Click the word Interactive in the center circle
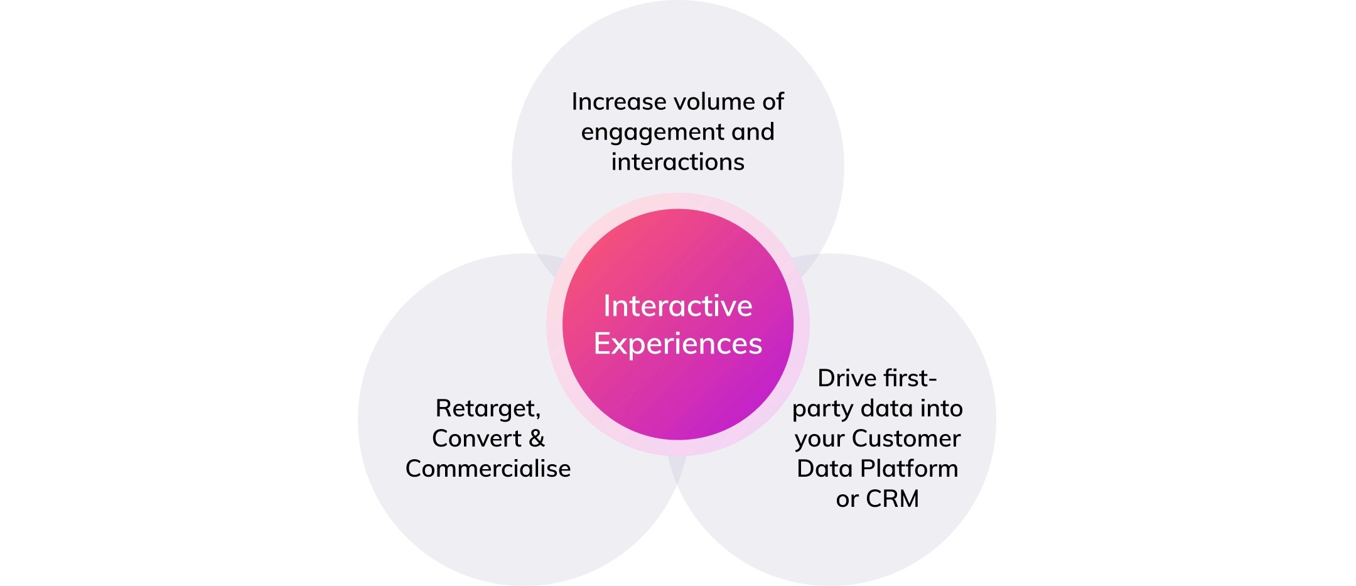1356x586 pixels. tap(677, 307)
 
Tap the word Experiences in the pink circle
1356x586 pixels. tap(677, 344)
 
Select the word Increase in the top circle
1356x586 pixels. tap(618, 102)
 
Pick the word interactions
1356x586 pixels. tap(677, 162)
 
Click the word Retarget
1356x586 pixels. tap(487, 409)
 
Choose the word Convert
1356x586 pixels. tap(476, 438)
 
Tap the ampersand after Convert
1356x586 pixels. tap(536, 438)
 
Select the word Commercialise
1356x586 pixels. tap(488, 469)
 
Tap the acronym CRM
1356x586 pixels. tap(892, 499)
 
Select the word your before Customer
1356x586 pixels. tap(819, 439)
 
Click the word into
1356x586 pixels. tap(941, 408)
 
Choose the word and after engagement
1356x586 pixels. tap(752, 132)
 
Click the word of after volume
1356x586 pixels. tap(773, 102)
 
